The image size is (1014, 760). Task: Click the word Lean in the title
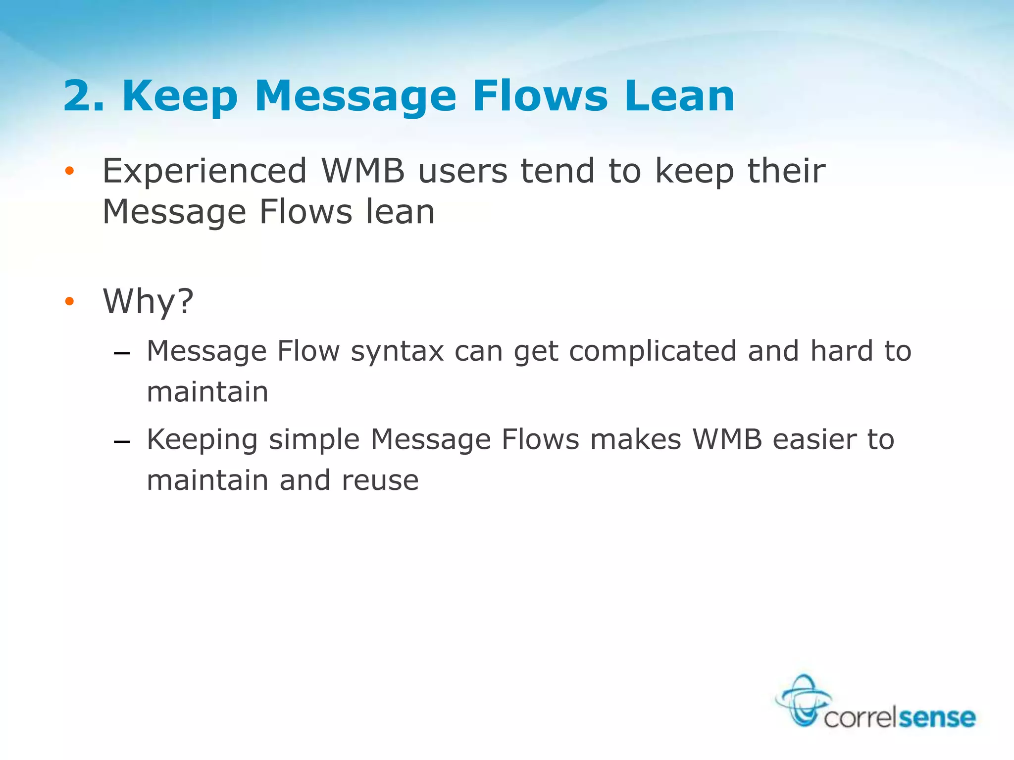pos(679,96)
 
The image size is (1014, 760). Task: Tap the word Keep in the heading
pos(180,96)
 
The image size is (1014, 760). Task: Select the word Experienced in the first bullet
pos(204,172)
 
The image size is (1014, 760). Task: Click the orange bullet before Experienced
pos(69,172)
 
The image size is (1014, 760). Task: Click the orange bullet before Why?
pos(69,301)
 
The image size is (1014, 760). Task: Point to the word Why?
pos(148,301)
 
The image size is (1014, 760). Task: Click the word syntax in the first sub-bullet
pos(397,352)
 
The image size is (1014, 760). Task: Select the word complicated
pos(653,352)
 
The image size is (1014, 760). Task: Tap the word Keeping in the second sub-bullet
pos(202,440)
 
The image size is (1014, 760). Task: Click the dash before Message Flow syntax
pos(121,354)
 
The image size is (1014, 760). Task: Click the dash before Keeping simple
pos(121,441)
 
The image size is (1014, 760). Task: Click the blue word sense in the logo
pos(937,717)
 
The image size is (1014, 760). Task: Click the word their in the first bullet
pos(786,172)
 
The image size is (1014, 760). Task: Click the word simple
pos(314,440)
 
